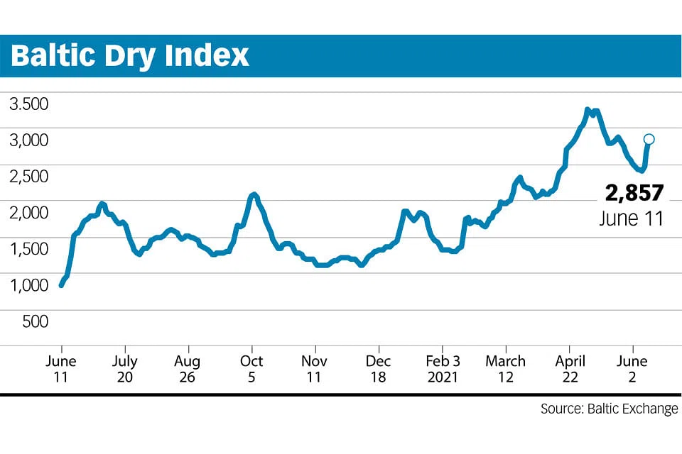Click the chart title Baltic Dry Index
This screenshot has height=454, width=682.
tap(130, 55)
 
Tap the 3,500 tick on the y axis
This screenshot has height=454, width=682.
tap(28, 104)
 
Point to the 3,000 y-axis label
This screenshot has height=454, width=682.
tap(28, 140)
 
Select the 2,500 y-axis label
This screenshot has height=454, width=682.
tap(28, 176)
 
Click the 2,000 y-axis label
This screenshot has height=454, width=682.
tap(28, 212)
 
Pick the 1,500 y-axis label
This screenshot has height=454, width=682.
tap(28, 248)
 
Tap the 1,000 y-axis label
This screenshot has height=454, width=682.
tap(28, 284)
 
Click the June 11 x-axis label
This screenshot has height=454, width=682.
tap(61, 368)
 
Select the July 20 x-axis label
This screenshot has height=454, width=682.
tap(125, 368)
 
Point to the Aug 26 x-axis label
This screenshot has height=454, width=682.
tap(188, 368)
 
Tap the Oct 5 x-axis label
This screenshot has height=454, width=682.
tap(251, 368)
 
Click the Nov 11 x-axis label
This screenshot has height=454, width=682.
tap(315, 368)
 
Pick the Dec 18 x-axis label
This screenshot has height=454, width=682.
tap(379, 368)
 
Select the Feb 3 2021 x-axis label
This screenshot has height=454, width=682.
tap(442, 368)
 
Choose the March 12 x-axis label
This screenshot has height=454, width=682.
tap(505, 368)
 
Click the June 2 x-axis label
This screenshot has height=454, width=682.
tap(632, 368)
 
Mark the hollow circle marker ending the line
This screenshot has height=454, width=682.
tap(649, 139)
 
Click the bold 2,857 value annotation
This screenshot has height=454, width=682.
tap(634, 192)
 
